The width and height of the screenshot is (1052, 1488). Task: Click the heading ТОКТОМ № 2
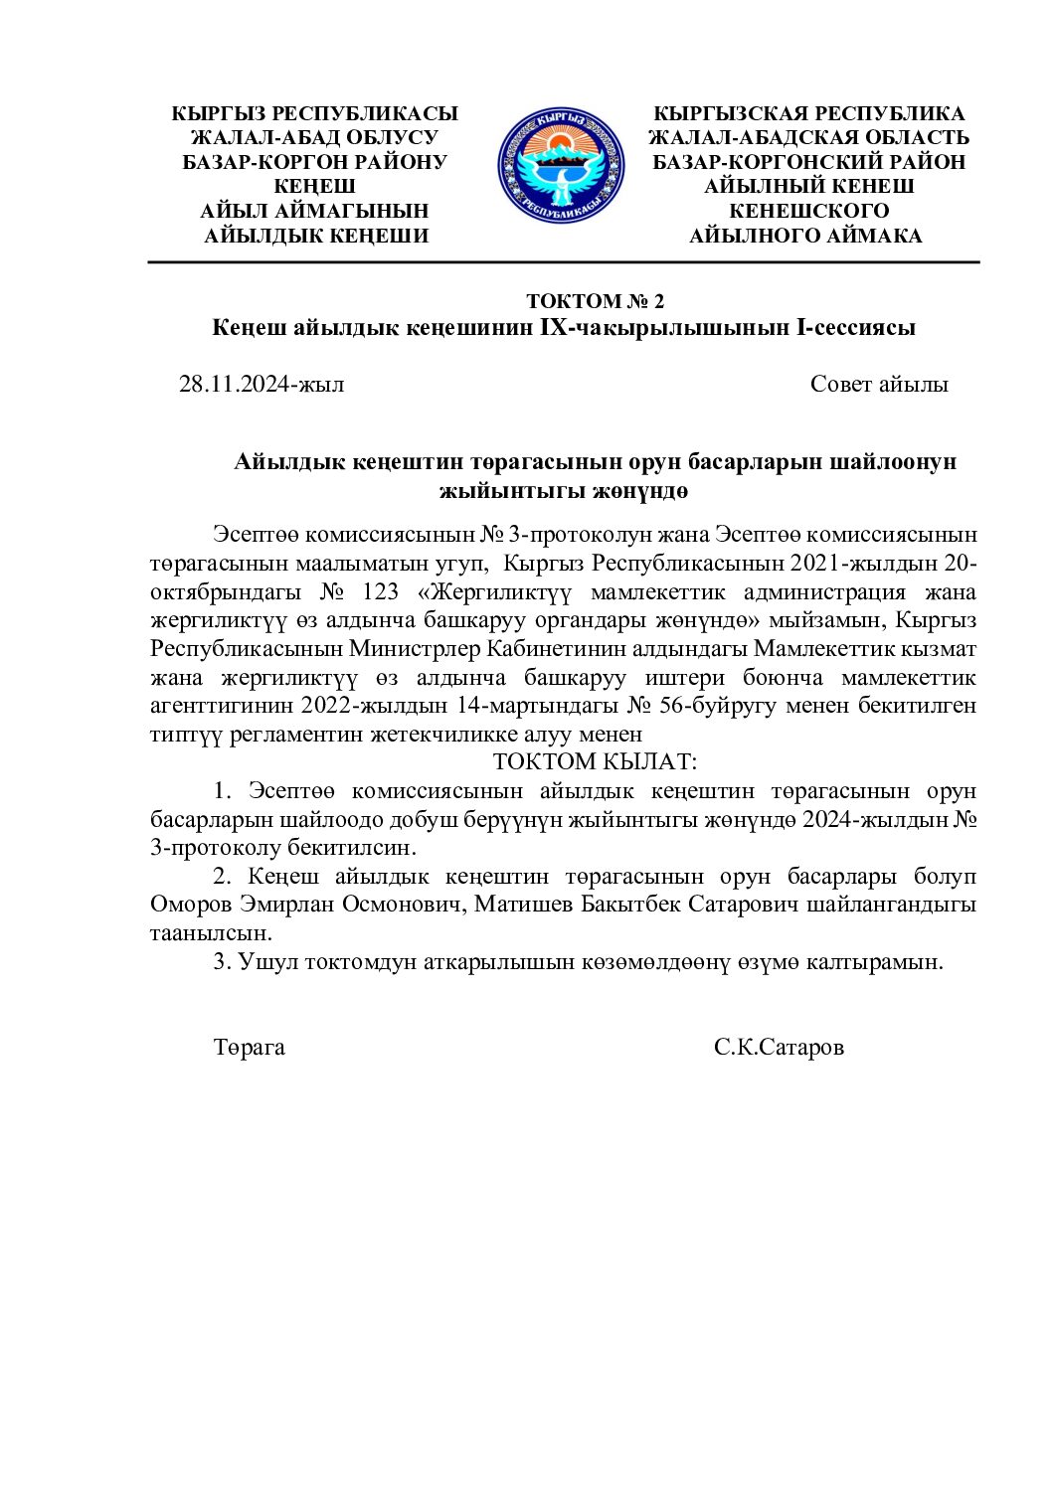[x=595, y=301]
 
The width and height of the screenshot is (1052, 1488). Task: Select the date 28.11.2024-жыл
[x=262, y=384]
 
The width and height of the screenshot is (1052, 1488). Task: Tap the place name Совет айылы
[x=879, y=384]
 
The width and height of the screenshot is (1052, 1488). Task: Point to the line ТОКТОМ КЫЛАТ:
[x=595, y=762]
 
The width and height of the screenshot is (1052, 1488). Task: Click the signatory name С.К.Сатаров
[x=779, y=1047]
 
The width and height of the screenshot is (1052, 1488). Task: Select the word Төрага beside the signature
[x=249, y=1047]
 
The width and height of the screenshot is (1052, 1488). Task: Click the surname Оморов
[x=190, y=905]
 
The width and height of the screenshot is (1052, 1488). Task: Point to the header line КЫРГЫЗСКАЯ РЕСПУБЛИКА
[x=809, y=113]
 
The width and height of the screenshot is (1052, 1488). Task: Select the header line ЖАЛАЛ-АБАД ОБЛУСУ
[x=314, y=138]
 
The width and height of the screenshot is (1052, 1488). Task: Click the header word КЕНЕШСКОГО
[x=809, y=211]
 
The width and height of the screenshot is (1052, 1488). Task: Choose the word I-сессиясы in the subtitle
[x=857, y=327]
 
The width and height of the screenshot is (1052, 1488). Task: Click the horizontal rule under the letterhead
[x=564, y=262]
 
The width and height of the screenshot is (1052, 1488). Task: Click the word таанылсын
[x=211, y=933]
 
